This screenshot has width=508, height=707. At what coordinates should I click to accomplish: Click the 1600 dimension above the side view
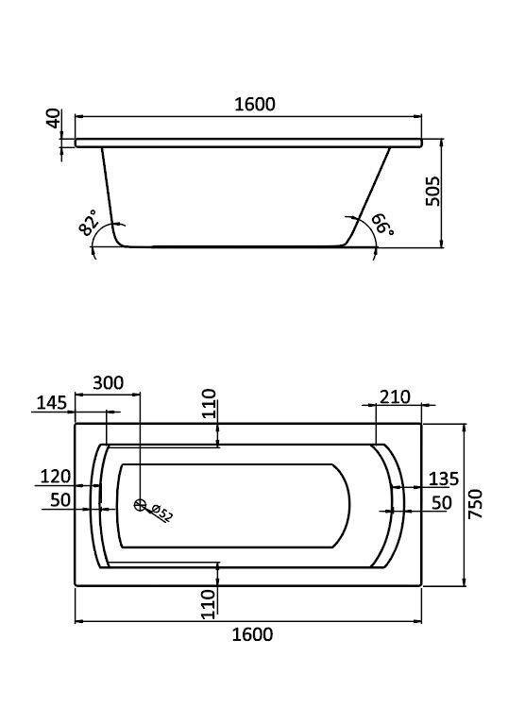[x=254, y=104]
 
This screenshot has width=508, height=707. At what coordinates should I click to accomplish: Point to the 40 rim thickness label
[x=53, y=118]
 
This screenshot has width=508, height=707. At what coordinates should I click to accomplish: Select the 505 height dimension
[x=432, y=192]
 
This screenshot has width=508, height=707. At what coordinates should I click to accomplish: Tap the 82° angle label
[x=89, y=222]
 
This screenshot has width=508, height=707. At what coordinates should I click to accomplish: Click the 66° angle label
[x=382, y=225]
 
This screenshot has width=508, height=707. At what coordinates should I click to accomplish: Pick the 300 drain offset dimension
[x=109, y=383]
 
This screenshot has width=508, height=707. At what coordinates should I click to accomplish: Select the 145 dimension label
[x=51, y=403]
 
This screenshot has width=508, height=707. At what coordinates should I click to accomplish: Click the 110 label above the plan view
[x=210, y=404]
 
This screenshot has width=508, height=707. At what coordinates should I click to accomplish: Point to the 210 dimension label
[x=396, y=397]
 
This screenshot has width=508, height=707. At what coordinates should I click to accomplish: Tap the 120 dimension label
[x=56, y=476]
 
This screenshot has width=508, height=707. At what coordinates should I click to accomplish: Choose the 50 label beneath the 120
[x=60, y=499]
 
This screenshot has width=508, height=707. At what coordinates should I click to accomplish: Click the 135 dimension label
[x=444, y=479]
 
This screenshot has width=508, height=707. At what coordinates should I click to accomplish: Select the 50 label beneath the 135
[x=442, y=503]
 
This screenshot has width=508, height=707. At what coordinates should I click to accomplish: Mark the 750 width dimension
[x=476, y=504]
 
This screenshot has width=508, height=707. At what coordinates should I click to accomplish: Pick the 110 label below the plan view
[x=209, y=604]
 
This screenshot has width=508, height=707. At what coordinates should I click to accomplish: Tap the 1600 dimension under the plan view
[x=252, y=635]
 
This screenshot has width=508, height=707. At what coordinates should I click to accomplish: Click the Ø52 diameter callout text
[x=161, y=513]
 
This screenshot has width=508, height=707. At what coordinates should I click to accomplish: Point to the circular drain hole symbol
[x=141, y=505]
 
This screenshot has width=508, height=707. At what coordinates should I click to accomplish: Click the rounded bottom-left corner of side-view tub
[x=118, y=241]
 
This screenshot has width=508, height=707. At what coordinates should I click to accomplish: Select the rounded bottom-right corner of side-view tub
[x=347, y=242]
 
